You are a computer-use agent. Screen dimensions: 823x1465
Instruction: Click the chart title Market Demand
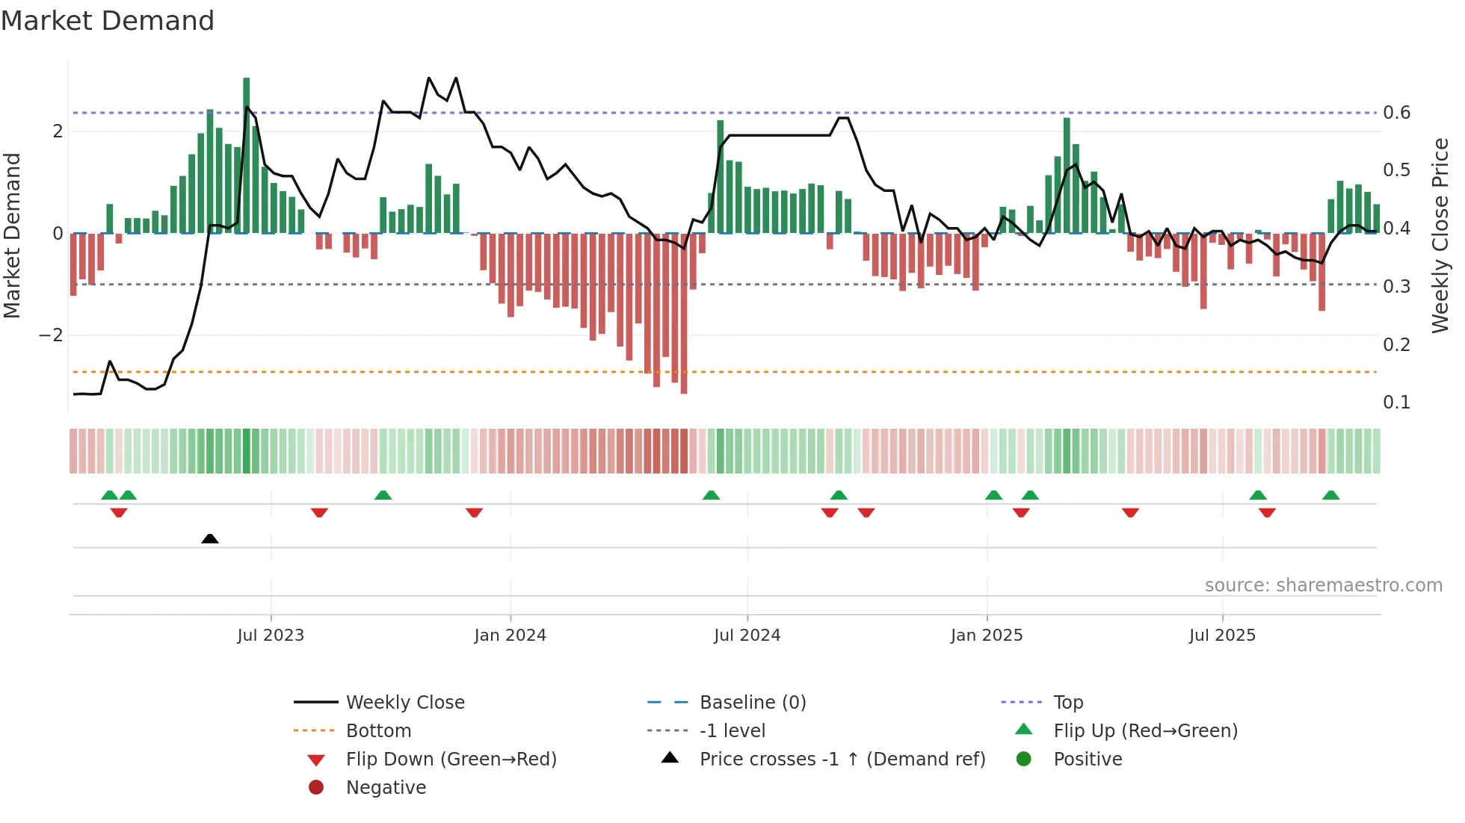108,21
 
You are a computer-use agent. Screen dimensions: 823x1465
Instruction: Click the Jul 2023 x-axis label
271,636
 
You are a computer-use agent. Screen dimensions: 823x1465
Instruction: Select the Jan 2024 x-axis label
510,636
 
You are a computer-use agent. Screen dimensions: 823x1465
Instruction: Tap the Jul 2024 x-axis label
747,636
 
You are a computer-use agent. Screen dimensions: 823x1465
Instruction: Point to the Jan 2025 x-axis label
987,636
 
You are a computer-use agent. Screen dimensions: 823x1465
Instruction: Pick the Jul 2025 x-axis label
1222,636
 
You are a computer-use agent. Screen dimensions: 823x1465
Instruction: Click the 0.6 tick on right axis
1396,113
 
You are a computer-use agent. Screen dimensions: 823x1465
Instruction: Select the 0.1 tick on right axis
1396,403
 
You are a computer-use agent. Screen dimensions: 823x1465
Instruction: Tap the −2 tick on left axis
51,335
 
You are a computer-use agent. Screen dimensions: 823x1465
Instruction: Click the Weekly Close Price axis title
1440,235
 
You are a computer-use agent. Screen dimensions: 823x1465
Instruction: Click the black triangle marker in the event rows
210,538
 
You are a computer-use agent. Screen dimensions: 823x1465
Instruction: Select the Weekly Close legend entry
404,703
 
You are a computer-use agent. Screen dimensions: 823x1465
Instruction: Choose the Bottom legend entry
378,731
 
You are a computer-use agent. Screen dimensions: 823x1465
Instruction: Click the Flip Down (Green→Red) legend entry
451,760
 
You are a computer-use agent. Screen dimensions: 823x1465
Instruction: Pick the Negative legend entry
386,788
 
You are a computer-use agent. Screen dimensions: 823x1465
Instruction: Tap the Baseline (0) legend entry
752,703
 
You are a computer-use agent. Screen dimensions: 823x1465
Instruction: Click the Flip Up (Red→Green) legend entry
1145,731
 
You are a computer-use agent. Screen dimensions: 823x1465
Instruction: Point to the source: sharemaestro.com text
1323,586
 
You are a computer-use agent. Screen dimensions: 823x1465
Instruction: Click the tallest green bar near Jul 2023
247,149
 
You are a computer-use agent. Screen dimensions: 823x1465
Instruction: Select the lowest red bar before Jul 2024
684,314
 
